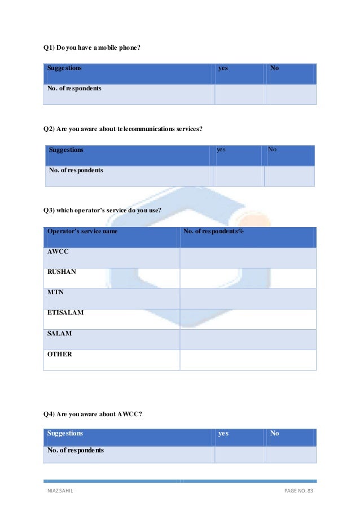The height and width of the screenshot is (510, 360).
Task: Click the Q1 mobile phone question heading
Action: (x=92, y=47)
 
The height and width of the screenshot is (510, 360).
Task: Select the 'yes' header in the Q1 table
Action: (x=223, y=68)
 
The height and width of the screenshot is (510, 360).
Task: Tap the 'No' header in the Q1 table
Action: (x=275, y=68)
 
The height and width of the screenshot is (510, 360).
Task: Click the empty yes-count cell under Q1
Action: (x=240, y=94)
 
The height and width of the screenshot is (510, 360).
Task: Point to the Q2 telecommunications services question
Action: (x=123, y=129)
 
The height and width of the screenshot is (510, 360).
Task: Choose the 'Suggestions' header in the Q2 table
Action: (x=66, y=150)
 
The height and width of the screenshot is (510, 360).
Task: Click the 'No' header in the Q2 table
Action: (x=272, y=150)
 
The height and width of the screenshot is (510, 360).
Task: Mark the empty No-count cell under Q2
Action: (x=289, y=176)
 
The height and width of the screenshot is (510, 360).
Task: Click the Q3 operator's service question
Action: (x=103, y=211)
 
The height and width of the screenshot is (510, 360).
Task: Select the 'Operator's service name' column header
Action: (x=82, y=232)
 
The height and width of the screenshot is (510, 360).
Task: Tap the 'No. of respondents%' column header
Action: (x=214, y=232)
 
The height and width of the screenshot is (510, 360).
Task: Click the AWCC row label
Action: (x=58, y=252)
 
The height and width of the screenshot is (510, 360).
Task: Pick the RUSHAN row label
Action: (x=62, y=272)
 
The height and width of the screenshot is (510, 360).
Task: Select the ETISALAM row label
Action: (x=65, y=312)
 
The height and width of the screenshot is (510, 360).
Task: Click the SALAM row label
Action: (x=59, y=333)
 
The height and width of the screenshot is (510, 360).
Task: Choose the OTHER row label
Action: (x=59, y=354)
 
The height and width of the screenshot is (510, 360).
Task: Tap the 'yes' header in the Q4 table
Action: (x=223, y=434)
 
